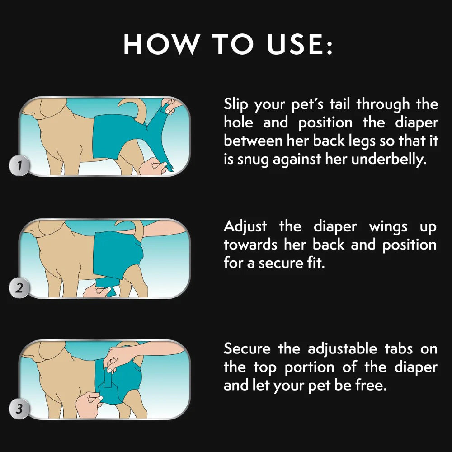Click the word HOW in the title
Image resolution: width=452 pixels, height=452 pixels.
pyautogui.click(x=162, y=44)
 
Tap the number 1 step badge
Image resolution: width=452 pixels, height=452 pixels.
pyautogui.click(x=19, y=166)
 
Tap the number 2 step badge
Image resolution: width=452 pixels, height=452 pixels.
pyautogui.click(x=19, y=288)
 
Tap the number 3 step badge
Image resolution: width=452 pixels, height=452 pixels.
pyautogui.click(x=19, y=410)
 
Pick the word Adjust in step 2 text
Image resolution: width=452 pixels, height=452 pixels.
pyautogui.click(x=245, y=226)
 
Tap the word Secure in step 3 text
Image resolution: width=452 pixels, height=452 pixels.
pyautogui.click(x=248, y=348)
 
